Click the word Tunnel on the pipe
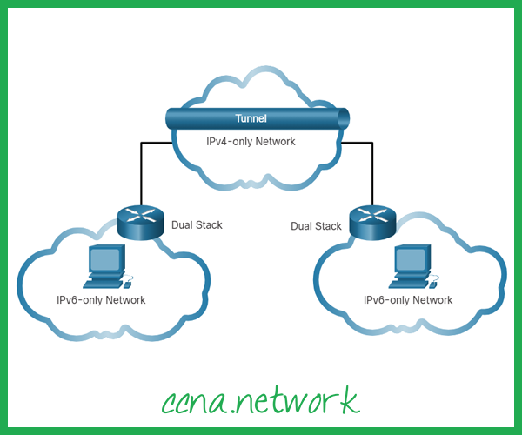251,118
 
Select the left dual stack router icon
139,221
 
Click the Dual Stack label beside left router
197,225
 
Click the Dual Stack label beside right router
316,226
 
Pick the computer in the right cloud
413,266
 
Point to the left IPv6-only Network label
95,300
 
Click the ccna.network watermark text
259,399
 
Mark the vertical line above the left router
139,170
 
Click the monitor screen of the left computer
104,259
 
